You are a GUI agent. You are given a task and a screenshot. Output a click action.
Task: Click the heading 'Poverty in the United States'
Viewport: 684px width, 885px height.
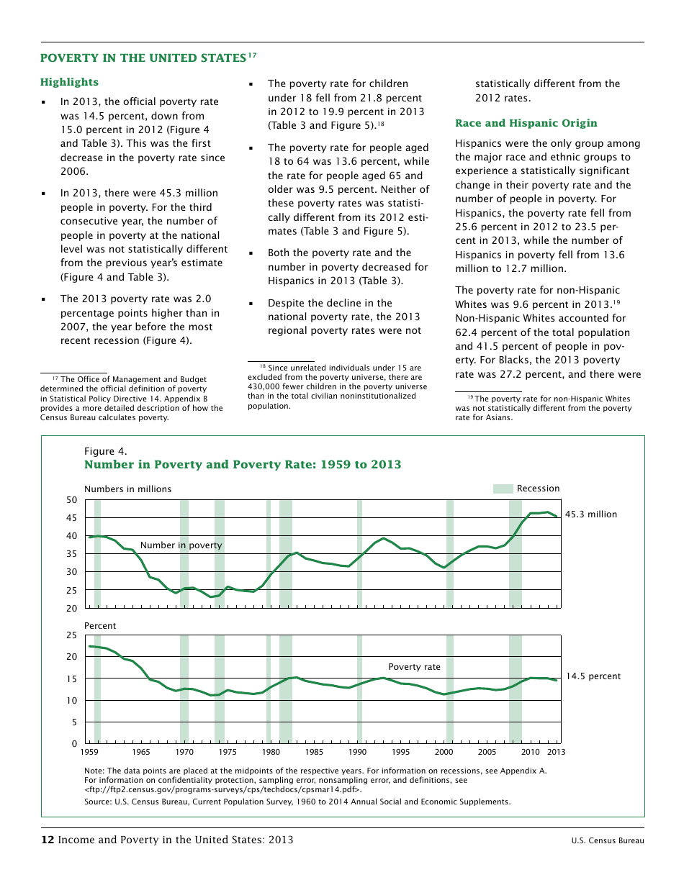point(143,58)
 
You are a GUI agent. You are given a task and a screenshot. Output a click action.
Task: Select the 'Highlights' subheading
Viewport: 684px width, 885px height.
point(69,82)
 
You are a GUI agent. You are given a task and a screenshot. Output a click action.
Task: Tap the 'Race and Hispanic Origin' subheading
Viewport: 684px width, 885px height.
point(526,123)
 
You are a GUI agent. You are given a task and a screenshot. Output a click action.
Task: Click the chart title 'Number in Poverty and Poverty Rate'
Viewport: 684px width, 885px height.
point(243,465)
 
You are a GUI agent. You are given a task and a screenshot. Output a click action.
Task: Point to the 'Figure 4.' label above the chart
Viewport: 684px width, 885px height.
point(105,451)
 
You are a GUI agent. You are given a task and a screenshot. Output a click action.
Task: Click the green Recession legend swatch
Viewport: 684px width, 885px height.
point(503,489)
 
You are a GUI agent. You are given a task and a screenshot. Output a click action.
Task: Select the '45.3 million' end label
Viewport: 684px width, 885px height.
point(590,514)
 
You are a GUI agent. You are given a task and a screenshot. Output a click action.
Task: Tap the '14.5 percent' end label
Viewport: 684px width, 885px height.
point(593,676)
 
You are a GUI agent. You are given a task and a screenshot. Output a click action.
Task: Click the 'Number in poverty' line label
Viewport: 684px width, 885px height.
point(181,545)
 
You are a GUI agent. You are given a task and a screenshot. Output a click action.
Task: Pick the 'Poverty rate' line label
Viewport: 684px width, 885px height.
point(414,667)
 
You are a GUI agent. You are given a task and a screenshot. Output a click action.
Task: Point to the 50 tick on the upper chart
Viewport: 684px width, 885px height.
point(71,500)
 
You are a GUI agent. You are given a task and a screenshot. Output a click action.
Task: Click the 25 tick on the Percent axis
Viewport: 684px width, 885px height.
point(71,635)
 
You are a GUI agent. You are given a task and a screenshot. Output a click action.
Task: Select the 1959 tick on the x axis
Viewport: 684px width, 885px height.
point(89,753)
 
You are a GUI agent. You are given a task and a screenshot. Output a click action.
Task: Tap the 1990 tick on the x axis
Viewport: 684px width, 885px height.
point(357,753)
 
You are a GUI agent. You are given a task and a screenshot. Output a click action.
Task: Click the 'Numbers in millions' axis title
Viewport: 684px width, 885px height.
point(127,489)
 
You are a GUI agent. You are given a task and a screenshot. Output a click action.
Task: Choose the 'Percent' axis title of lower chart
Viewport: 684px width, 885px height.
point(100,626)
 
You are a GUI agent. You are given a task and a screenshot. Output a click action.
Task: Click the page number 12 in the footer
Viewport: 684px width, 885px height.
point(48,840)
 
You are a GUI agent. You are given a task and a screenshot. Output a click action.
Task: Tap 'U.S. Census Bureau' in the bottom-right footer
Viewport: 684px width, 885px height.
point(608,841)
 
